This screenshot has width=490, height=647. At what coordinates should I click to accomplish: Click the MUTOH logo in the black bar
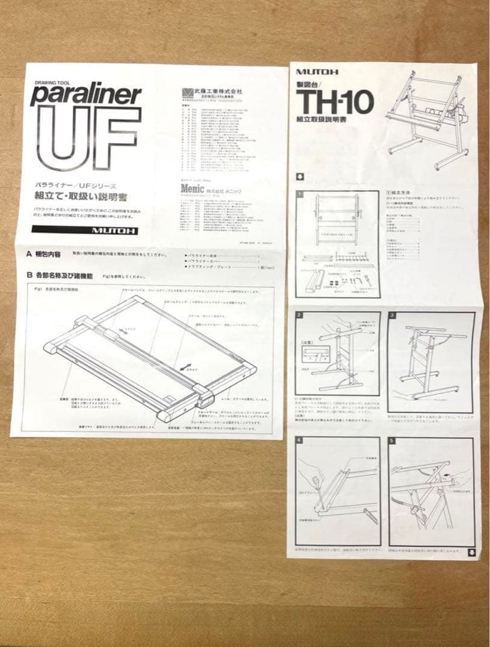pos(114,231)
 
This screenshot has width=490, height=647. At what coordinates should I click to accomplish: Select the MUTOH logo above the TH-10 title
pos(317,72)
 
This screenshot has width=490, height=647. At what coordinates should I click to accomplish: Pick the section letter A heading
pos(29,254)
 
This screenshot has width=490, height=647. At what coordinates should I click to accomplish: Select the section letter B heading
pos(29,276)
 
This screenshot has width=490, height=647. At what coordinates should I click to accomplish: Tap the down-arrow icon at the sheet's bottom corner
pos(471,552)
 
